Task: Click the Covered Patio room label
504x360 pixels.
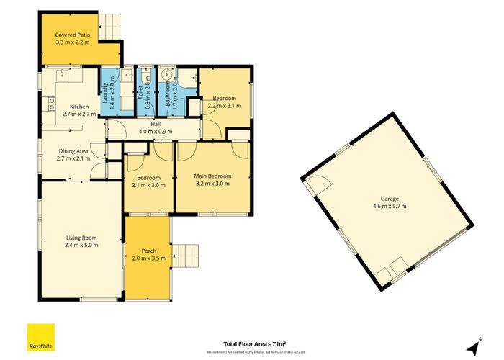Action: click(x=73, y=34)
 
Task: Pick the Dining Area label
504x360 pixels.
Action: click(x=74, y=151)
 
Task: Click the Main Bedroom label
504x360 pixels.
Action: click(x=212, y=176)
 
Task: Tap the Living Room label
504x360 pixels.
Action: click(x=81, y=238)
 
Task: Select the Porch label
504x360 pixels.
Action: click(x=149, y=251)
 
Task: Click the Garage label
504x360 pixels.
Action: click(x=390, y=199)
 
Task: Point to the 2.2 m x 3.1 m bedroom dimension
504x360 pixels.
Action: click(x=224, y=105)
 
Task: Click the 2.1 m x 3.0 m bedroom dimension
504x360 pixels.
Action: click(x=148, y=184)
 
